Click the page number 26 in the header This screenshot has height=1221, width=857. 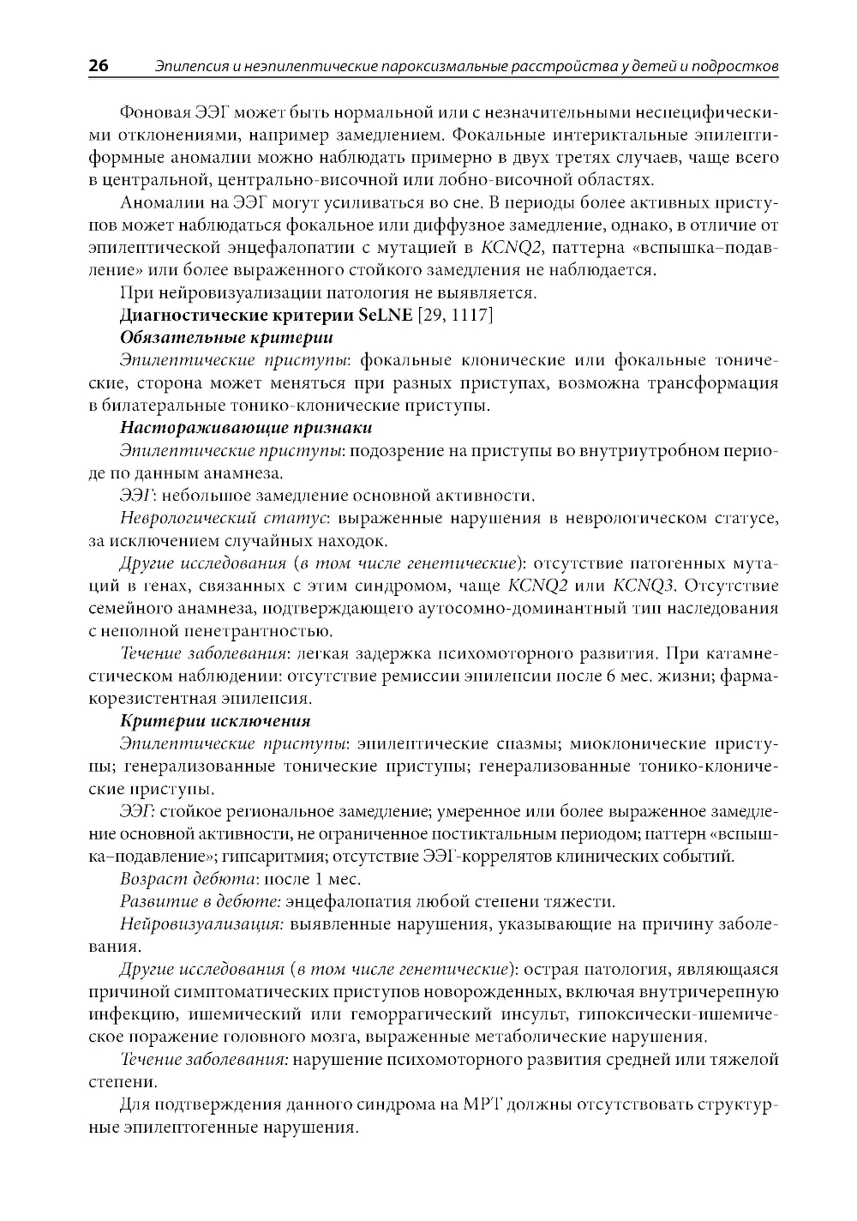coord(99,65)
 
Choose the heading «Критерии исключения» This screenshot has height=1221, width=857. coord(215,720)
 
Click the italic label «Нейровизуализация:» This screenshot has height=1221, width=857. coord(201,924)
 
